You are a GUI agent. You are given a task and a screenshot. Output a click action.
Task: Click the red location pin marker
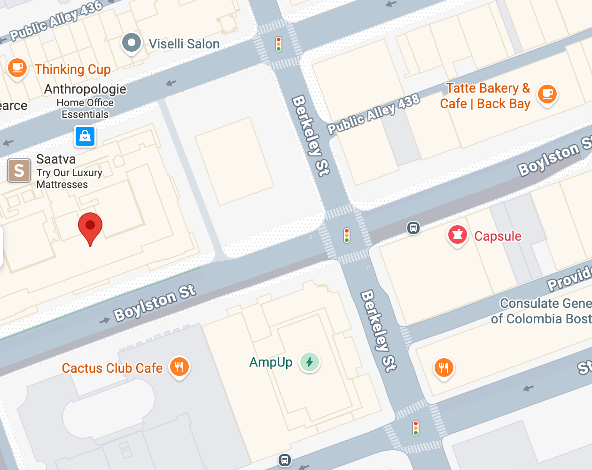tap(90, 227)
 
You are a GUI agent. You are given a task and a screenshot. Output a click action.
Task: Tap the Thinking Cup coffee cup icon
tap(17, 68)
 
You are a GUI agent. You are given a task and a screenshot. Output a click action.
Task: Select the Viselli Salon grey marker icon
tap(132, 43)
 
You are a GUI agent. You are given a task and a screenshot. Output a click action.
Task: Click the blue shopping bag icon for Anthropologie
tap(85, 136)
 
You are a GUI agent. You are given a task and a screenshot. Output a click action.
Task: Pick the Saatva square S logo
tap(19, 170)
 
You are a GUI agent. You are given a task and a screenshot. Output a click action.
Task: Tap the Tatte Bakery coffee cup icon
tap(547, 94)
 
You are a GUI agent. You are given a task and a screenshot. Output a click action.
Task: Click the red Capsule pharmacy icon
tap(457, 235)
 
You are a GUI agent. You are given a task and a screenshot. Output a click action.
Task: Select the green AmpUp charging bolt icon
tap(310, 362)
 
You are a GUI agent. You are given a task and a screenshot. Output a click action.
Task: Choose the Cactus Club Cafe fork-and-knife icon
tap(179, 367)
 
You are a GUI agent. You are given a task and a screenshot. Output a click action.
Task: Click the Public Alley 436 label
tap(56, 21)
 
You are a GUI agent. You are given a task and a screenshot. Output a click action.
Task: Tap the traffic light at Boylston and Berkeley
tap(347, 235)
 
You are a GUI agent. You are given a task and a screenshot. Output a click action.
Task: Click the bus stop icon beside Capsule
tap(413, 228)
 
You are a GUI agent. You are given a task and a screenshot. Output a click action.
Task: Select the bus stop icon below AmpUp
tap(284, 460)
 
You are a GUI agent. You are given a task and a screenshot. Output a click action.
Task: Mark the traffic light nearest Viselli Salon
tap(279, 44)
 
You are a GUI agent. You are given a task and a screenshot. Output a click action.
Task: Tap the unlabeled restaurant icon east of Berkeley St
tap(444, 368)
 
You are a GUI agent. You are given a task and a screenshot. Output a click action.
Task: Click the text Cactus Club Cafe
tap(112, 368)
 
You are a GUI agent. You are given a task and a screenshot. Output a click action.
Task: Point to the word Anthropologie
tap(85, 89)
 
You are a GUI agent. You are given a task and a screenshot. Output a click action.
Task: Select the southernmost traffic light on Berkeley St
tap(416, 428)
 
